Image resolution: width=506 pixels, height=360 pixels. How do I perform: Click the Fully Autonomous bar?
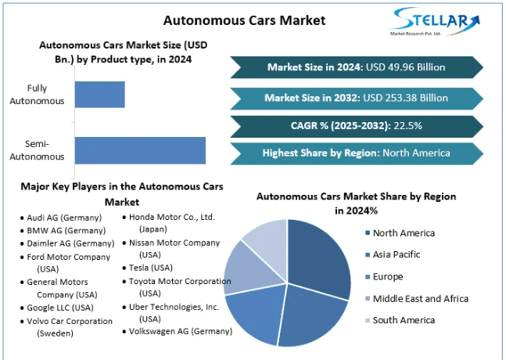click(99, 94)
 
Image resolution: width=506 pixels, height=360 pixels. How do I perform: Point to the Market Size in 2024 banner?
click(356, 67)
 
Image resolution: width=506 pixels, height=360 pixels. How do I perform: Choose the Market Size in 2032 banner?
click(356, 98)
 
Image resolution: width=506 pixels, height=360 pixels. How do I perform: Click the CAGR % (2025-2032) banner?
click(356, 126)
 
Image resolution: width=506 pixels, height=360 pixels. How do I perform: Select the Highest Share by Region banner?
click(356, 153)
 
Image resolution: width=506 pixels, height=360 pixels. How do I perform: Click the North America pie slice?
click(321, 258)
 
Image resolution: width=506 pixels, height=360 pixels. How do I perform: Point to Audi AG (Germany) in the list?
click(64, 218)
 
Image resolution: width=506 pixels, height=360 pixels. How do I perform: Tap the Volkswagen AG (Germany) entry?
click(181, 331)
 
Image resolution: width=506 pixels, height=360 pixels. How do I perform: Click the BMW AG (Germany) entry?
click(65, 230)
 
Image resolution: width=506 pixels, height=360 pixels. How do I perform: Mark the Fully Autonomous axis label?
click(37, 94)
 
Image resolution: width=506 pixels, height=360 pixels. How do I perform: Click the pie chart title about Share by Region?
click(356, 203)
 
